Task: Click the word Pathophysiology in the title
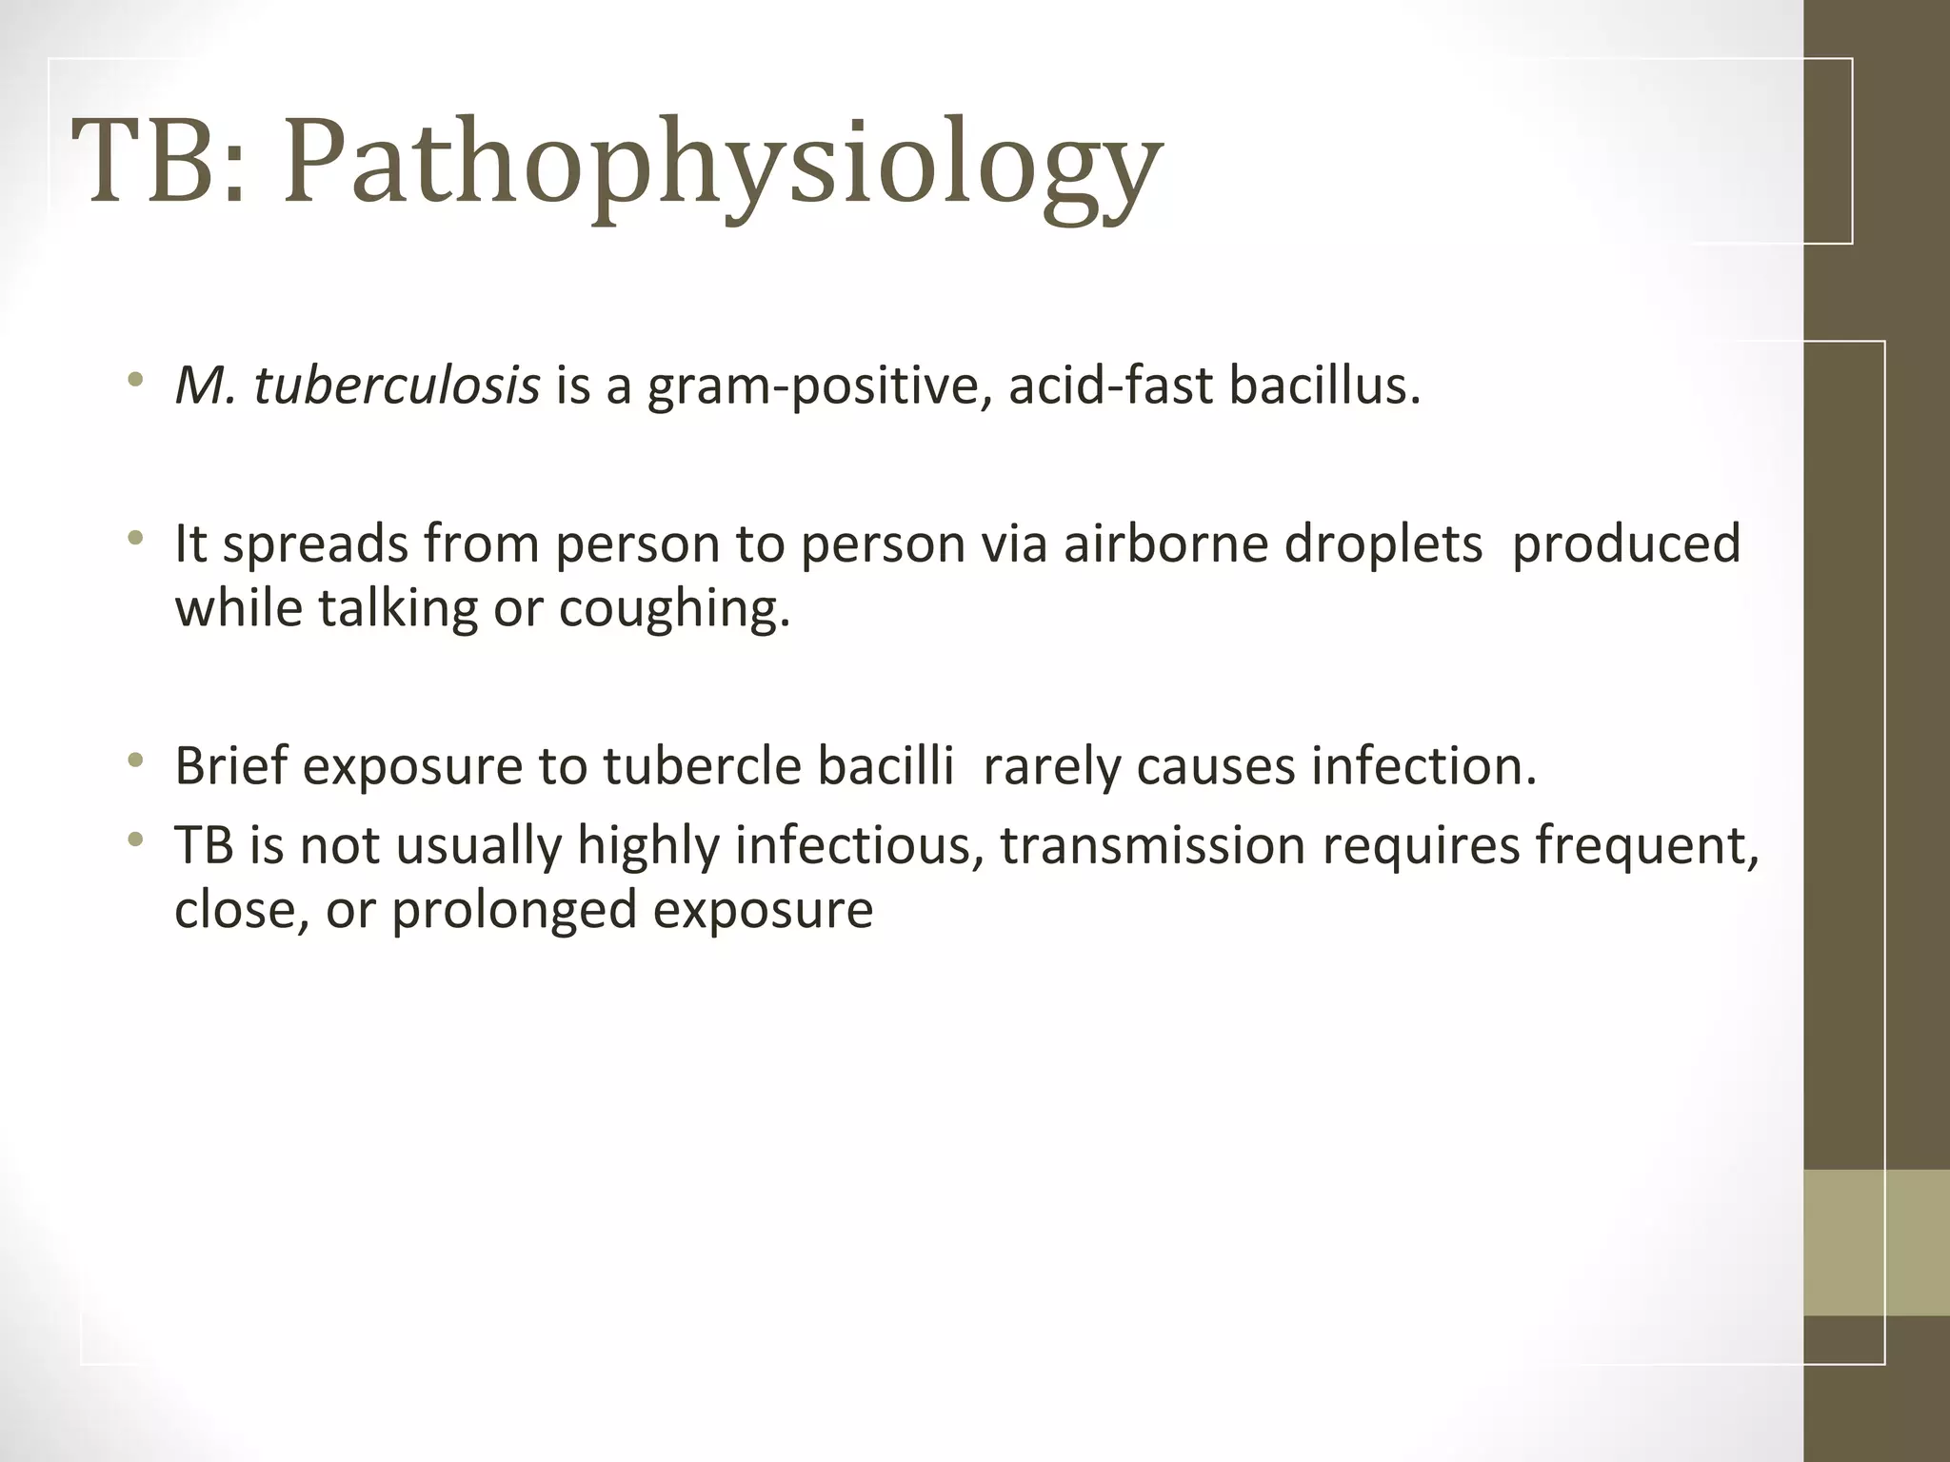point(724,162)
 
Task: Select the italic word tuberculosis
point(397,386)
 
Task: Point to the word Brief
point(230,766)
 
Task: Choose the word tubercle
point(703,766)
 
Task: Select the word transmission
point(1152,845)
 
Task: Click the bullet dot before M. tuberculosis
point(136,382)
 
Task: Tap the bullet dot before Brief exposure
point(136,761)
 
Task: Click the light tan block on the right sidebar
point(1877,1242)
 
